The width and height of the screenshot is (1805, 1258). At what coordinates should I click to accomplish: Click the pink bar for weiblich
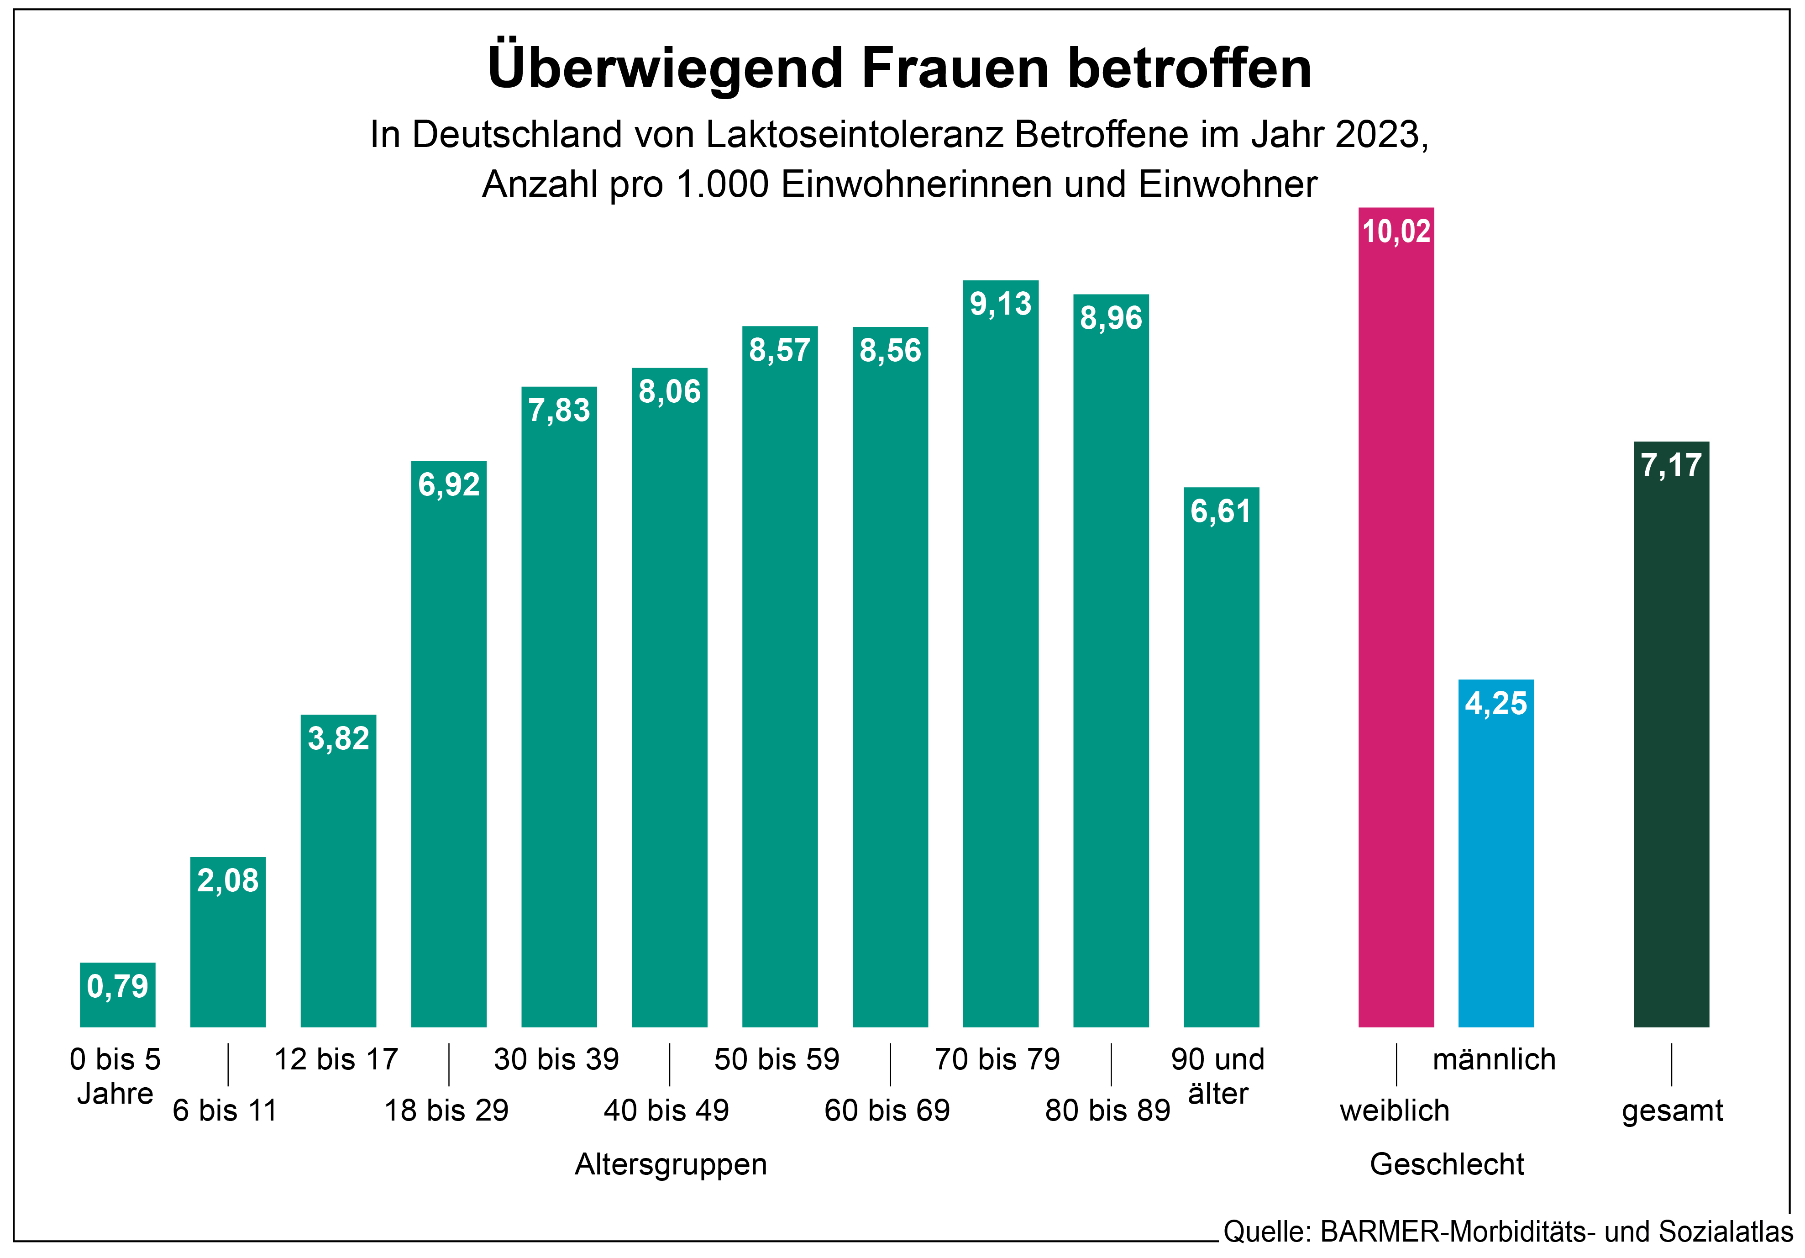(x=1396, y=629)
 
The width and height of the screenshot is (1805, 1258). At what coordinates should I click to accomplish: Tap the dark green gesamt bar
(x=1671, y=747)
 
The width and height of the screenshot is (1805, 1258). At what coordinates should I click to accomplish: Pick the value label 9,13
(x=1000, y=304)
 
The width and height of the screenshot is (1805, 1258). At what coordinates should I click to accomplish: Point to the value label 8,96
(x=1110, y=318)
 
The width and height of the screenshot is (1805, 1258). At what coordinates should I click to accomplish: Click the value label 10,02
(x=1396, y=231)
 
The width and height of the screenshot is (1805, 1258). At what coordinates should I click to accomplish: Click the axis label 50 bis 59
(x=777, y=1059)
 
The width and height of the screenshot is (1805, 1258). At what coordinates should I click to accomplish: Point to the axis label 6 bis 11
(x=225, y=1110)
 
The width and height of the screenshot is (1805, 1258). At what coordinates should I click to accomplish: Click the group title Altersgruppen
(x=671, y=1163)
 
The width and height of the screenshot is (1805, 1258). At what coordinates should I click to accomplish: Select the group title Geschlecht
(x=1447, y=1163)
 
